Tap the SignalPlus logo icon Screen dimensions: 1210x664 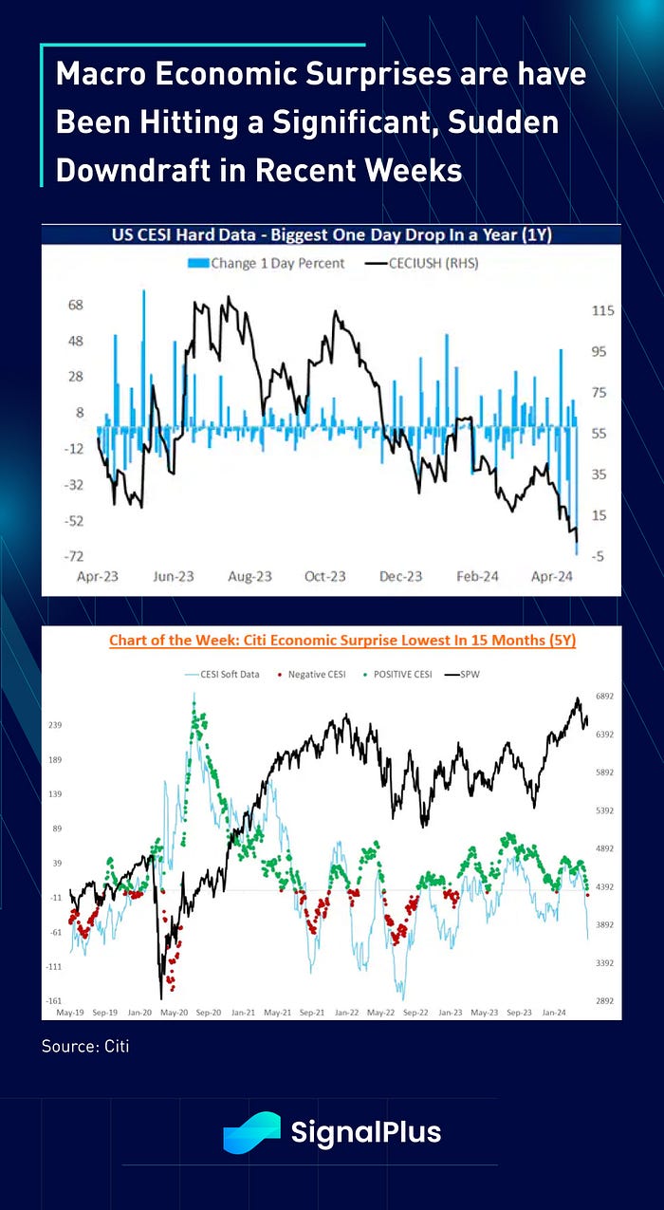[251, 1132]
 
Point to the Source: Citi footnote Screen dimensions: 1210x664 [85, 1047]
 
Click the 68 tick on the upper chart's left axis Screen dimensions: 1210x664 [76, 306]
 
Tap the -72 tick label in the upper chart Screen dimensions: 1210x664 [74, 556]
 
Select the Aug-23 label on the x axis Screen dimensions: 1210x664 [250, 576]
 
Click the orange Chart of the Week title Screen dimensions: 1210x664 [342, 640]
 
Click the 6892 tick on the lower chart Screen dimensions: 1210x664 [605, 697]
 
